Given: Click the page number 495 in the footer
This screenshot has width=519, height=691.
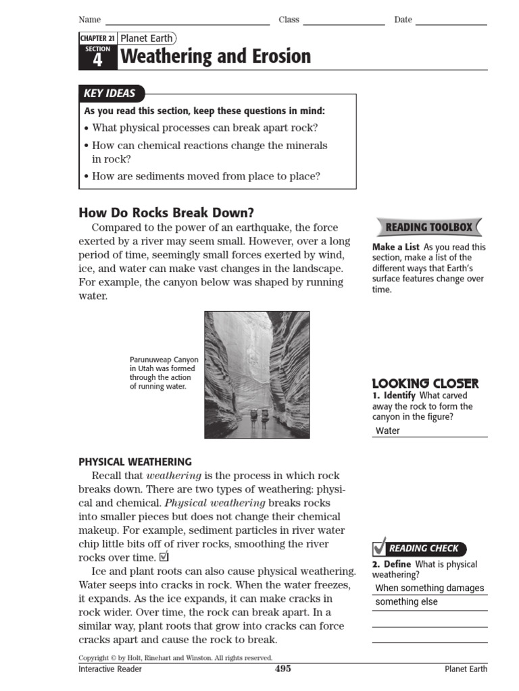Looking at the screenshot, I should pos(283,669).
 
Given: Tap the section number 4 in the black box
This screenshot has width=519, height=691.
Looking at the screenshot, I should pos(98,61).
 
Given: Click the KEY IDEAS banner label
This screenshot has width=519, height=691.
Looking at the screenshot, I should pos(109,94).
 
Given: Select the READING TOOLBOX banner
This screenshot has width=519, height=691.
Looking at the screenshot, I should pos(428,227).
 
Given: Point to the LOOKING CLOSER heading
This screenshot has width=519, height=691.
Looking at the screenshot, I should pos(425,383).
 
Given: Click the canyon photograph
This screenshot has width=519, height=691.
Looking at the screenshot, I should pos(257,375).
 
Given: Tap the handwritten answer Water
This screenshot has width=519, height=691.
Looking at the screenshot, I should pos(388,431).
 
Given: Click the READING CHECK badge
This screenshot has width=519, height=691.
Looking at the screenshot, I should pos(419,549).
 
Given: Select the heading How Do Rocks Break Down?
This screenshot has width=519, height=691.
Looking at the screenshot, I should pos(166,213).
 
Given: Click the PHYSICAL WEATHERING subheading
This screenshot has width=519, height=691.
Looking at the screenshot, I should pos(135,462).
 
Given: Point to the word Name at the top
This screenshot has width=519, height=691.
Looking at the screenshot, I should pos(89,20).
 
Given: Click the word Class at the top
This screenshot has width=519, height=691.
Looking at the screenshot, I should pos(289,20).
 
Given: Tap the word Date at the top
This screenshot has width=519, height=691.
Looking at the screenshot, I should pos(403,20).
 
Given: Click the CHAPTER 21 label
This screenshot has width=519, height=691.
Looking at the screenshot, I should pos(98,39).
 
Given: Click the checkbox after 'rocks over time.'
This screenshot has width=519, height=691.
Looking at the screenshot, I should pos(164,557).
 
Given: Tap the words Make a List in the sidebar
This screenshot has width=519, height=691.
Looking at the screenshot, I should pos(396,247).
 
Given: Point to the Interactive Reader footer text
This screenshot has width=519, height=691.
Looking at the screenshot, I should pos(110,669).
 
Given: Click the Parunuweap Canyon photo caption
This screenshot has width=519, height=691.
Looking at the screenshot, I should pos(164,373).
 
